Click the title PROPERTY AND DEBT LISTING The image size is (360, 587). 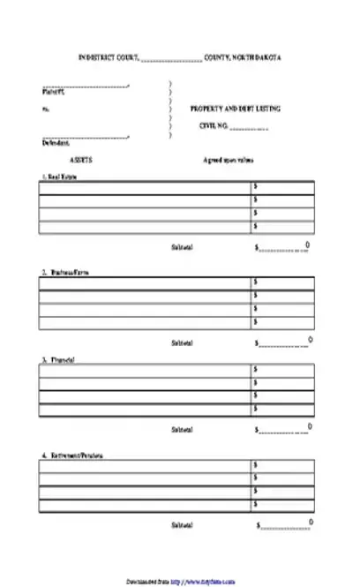(236, 109)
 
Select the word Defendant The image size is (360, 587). (55, 142)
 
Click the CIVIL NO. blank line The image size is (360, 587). (250, 127)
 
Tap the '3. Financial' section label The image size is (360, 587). (56, 360)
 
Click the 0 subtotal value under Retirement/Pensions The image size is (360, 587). (308, 523)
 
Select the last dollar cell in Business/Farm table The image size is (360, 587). (282, 322)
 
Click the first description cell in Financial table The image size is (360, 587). (145, 370)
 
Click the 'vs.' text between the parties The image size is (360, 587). (45, 109)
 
